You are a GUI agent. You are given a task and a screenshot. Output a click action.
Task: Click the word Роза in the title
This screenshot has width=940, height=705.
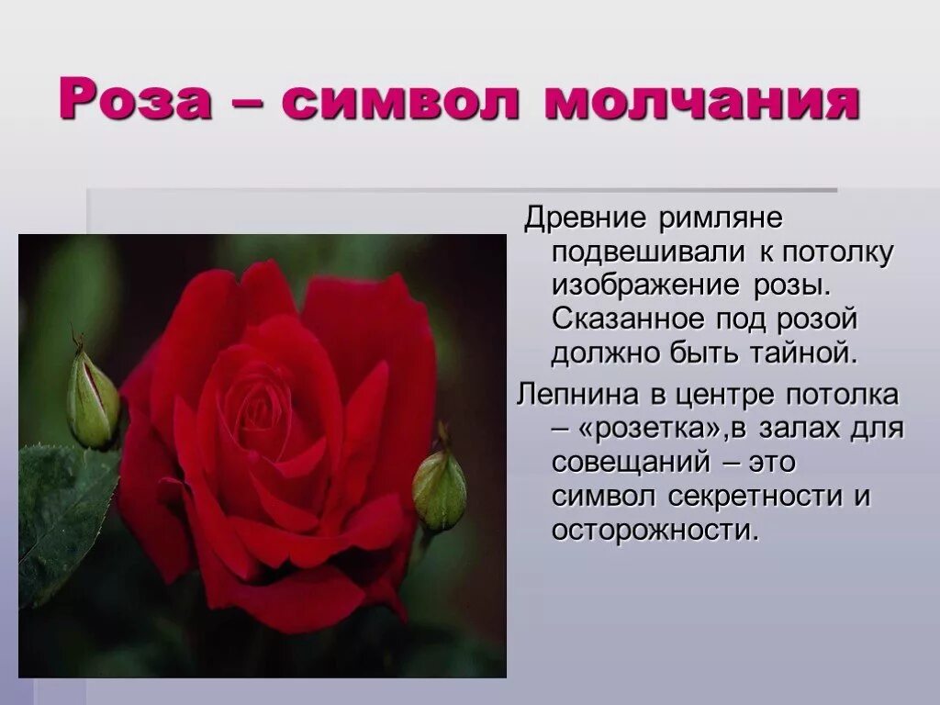click(136, 100)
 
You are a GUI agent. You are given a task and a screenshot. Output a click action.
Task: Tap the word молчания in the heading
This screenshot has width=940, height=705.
click(701, 100)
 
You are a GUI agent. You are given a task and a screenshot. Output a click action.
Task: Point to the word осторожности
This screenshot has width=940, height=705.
click(655, 530)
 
